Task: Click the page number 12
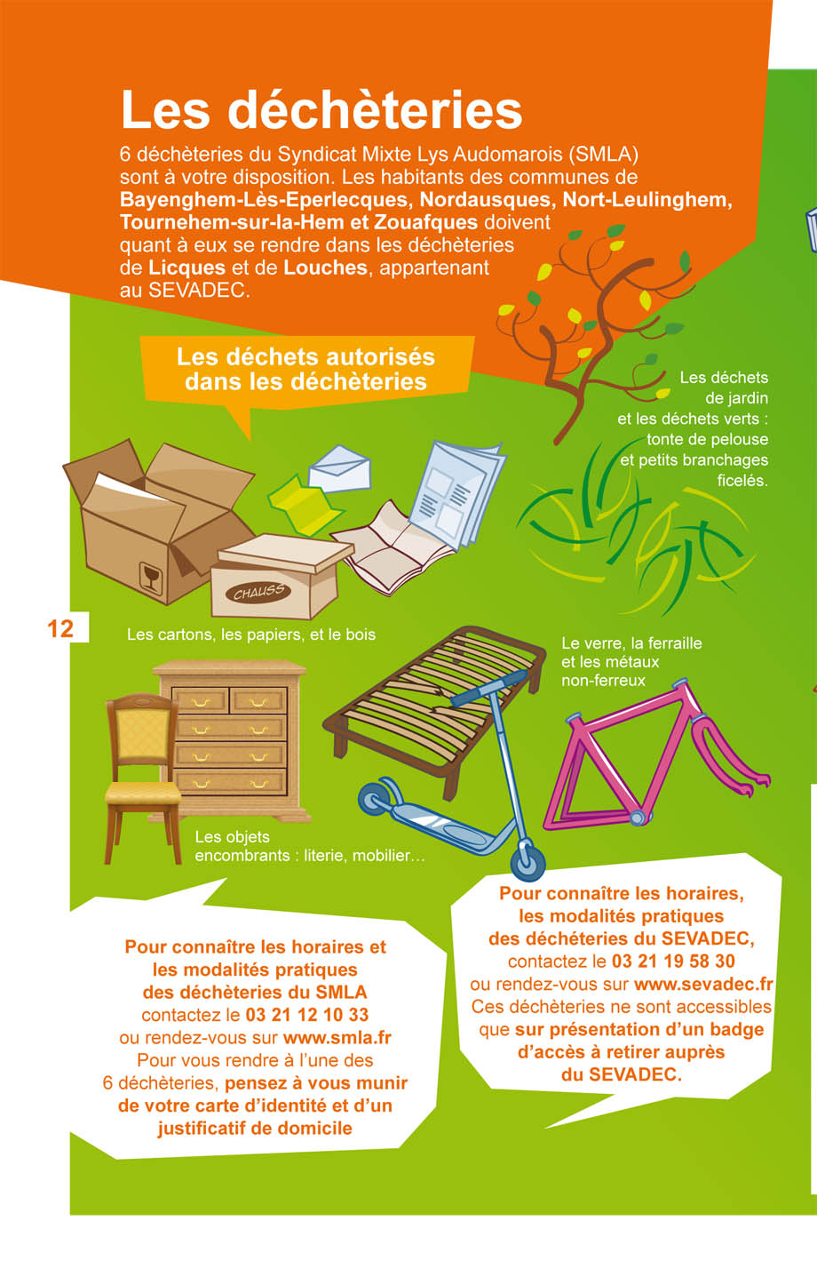60,629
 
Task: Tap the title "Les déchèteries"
321,109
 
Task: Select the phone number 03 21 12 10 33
306,1015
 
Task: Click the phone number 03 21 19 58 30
673,961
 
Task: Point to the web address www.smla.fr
337,1038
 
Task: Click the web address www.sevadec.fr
703,984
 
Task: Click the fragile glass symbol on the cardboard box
150,578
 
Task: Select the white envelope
339,469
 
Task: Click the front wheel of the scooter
527,861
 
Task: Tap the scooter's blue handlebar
489,689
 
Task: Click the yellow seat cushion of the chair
143,794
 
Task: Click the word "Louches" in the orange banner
325,267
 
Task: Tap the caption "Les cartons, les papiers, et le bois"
251,635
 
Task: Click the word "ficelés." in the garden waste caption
742,480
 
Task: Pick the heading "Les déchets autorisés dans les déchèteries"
305,369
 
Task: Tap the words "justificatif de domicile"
255,1129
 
